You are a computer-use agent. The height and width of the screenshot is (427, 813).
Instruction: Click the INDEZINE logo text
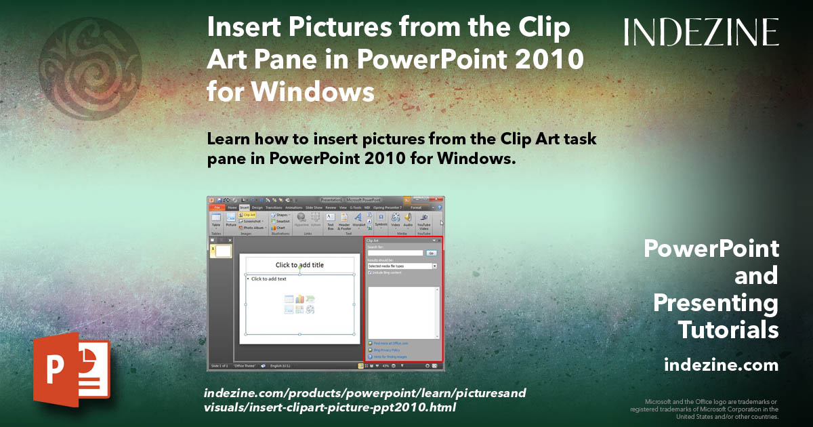click(701, 32)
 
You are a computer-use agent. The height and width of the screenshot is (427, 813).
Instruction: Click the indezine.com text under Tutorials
click(721, 365)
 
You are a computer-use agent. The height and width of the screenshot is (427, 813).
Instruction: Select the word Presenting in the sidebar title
click(715, 303)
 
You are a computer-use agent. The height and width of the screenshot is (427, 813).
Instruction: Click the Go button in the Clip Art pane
click(431, 253)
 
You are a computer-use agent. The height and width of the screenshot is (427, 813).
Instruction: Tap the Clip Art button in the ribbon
click(248, 215)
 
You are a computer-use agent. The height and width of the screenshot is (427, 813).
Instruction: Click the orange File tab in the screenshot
click(217, 207)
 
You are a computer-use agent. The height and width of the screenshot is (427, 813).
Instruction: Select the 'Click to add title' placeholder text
click(299, 265)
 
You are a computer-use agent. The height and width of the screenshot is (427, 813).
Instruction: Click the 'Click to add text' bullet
click(268, 279)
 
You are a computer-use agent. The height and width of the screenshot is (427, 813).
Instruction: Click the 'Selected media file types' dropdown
click(402, 266)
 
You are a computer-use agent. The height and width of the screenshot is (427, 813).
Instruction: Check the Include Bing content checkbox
click(369, 272)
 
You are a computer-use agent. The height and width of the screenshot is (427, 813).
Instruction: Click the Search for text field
click(395, 253)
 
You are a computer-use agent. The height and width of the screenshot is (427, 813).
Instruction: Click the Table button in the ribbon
click(216, 220)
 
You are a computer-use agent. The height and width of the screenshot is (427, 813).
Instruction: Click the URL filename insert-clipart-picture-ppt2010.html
click(329, 407)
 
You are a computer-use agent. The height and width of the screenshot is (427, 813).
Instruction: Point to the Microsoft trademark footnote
click(705, 409)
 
